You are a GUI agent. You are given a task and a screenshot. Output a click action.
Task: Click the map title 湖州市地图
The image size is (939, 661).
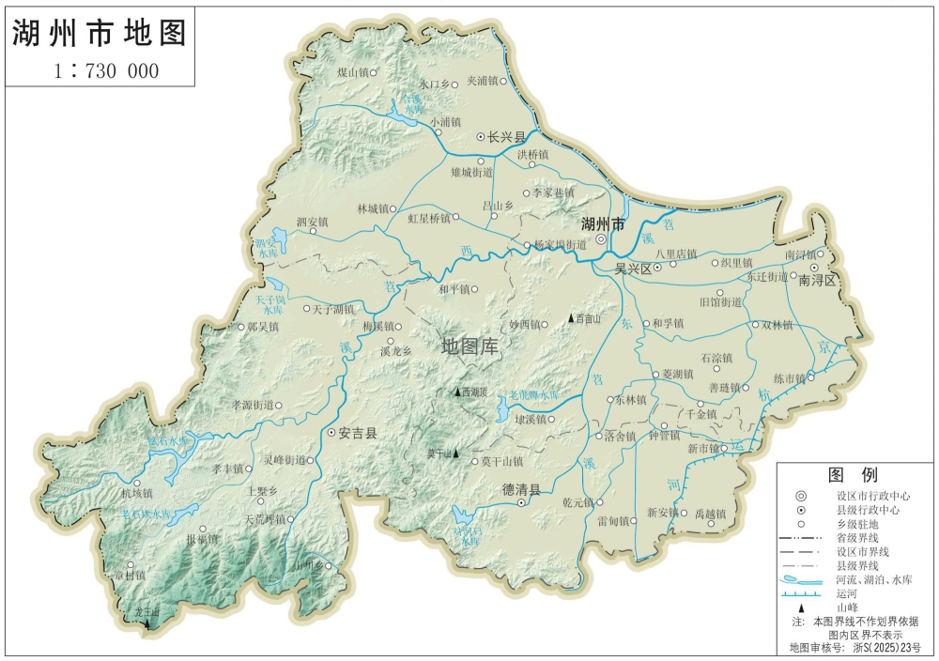[x=100, y=33]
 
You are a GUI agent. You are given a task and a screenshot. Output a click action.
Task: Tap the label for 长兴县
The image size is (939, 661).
[x=506, y=137]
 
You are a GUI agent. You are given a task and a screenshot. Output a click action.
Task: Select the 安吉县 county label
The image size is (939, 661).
[x=357, y=434]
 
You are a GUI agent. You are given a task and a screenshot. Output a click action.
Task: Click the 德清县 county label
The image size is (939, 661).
[x=521, y=490]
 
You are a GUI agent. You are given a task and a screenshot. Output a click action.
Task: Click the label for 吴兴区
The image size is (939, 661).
[x=633, y=269]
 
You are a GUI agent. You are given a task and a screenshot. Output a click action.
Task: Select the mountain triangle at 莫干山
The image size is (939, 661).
[x=456, y=453]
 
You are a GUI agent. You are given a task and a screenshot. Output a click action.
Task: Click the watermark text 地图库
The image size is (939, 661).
[x=470, y=346]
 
